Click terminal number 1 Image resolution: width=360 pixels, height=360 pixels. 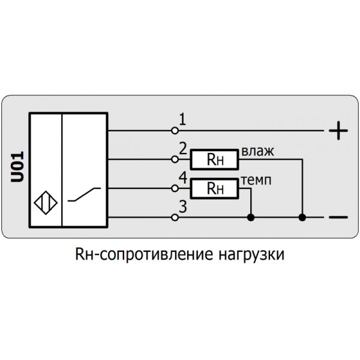pos(182,120)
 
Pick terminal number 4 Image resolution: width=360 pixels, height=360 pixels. pos(182,179)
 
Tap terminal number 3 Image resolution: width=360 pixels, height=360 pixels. pos(182,208)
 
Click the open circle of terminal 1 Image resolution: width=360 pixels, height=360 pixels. pos(175,130)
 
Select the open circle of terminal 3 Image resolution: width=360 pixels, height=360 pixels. pos(175,217)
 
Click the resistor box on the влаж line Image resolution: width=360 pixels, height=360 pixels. pos(214,160)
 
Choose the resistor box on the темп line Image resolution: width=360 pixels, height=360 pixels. pos(214,189)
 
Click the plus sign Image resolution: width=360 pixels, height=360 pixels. pos(339,130)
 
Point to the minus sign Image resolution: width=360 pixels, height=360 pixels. pos(339,217)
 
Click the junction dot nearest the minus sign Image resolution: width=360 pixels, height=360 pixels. pos(304,217)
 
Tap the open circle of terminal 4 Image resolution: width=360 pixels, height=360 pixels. pos(175,188)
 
